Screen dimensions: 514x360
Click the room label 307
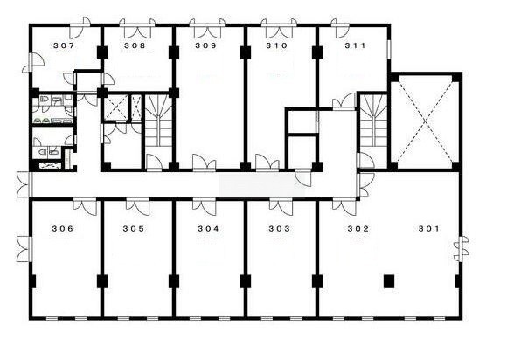coord(64,45)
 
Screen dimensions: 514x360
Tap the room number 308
coord(135,45)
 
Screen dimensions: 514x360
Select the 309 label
coord(206,45)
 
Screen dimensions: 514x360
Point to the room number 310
coord(276,45)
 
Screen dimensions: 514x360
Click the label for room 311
coord(355,45)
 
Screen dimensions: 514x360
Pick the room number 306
coord(63,228)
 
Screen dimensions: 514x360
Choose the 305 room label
coord(134,228)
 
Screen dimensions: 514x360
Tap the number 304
coord(208,228)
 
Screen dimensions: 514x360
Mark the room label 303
coord(280,228)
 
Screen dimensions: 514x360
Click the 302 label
coord(358,228)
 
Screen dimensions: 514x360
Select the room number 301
coord(429,228)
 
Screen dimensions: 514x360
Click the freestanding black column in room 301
coord(389,281)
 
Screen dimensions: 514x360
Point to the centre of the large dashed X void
coord(425,121)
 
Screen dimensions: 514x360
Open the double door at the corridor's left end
coord(24,185)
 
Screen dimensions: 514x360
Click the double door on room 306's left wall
coord(24,249)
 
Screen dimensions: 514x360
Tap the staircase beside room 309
coord(158,121)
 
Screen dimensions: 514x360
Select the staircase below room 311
coord(373,121)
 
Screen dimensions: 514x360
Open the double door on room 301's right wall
coord(462,249)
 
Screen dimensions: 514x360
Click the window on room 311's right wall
coord(389,50)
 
